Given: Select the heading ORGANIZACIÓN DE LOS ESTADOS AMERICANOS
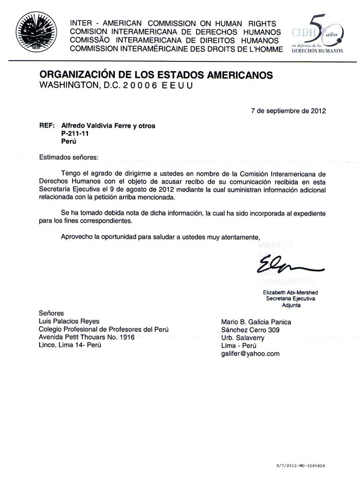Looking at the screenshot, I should [x=156, y=75].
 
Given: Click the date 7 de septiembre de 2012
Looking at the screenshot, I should [x=288, y=110].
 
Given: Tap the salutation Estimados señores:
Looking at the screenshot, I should [x=68, y=156].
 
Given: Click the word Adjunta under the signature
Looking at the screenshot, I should [x=291, y=305].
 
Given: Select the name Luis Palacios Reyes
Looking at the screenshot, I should [x=69, y=322].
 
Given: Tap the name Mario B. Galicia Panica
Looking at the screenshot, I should [x=256, y=322].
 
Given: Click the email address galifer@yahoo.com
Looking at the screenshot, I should [x=250, y=353].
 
